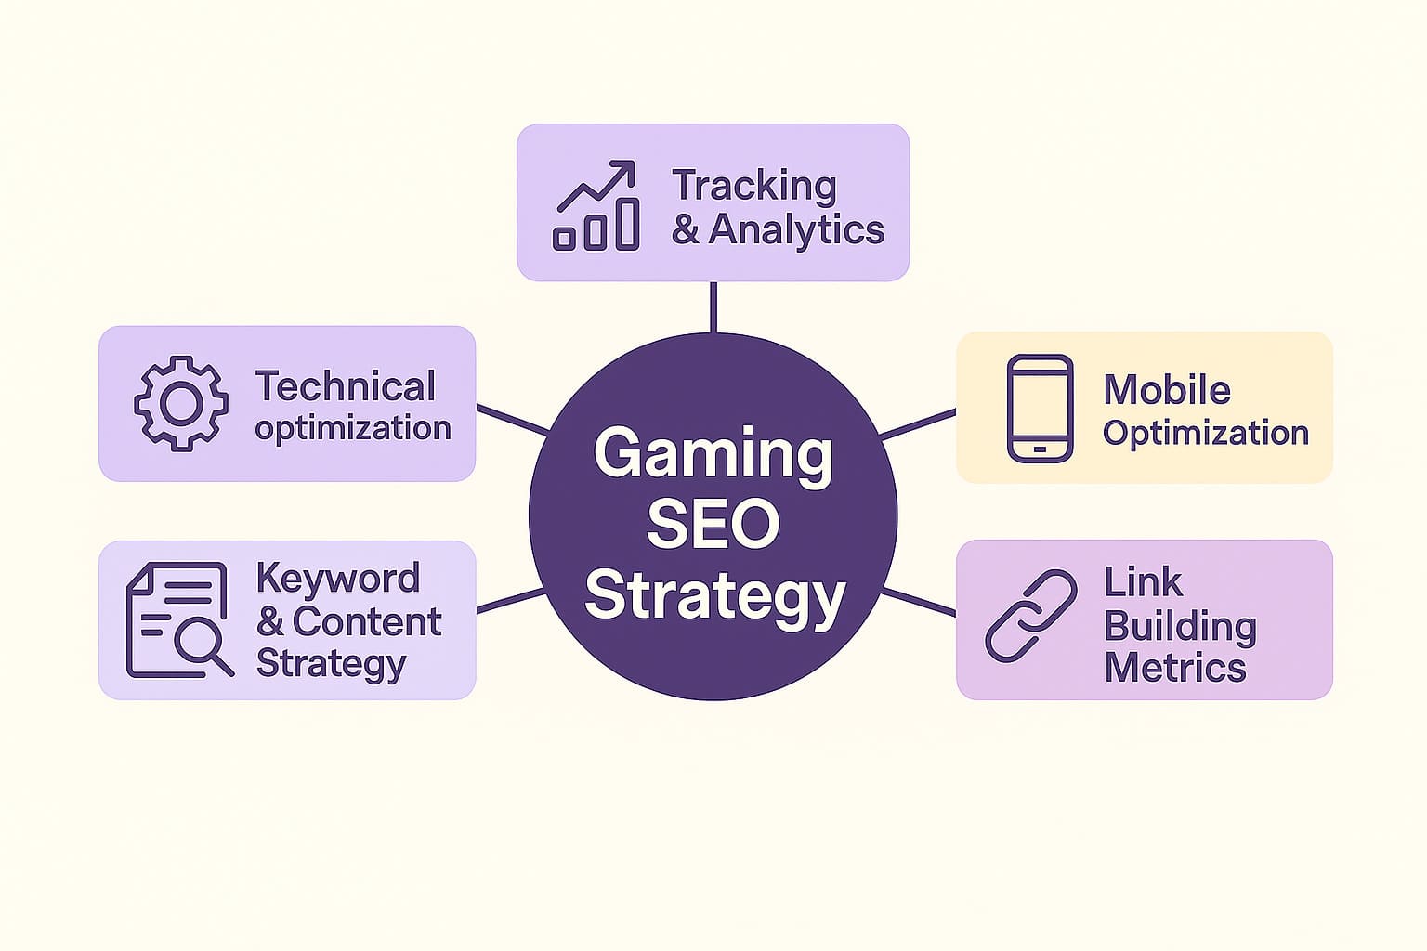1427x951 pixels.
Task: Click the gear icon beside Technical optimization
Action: [x=181, y=403]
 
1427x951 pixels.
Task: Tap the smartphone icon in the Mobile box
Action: [x=1040, y=408]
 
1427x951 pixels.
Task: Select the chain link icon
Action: [x=1030, y=616]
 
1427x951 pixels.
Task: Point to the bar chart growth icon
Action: [x=596, y=206]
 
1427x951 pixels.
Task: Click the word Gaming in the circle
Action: [x=713, y=454]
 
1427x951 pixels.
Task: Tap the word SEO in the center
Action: [x=713, y=524]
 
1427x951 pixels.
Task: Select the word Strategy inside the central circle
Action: [x=714, y=596]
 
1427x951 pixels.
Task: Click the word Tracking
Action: [x=753, y=185]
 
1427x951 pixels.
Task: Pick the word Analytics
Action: [x=796, y=229]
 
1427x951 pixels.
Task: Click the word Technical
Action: [x=345, y=386]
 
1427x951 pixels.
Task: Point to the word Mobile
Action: [x=1166, y=390]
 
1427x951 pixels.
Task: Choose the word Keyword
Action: [x=337, y=578]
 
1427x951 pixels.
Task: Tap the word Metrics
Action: [x=1174, y=667]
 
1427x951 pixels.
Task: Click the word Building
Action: [x=1180, y=626]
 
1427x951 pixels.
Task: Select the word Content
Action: [x=367, y=621]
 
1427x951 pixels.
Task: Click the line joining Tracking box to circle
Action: [x=713, y=306]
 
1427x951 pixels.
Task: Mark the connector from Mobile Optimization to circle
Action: [x=917, y=423]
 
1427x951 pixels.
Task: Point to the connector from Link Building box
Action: [x=919, y=601]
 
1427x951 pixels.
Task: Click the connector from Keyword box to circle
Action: [x=510, y=600]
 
